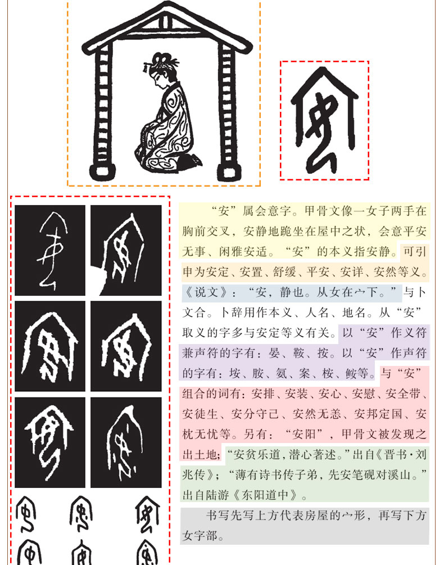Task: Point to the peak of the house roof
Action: coord(167,5)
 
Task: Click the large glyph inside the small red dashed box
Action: coord(324,120)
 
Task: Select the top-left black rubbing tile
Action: coord(50,250)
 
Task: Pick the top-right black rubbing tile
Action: coord(126,250)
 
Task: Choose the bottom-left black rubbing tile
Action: coord(50,442)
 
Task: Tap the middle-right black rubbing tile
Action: coord(126,346)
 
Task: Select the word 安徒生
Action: coord(200,414)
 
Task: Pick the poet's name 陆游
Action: coord(218,495)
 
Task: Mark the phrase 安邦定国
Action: coord(378,414)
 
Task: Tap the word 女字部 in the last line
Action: coord(200,536)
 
